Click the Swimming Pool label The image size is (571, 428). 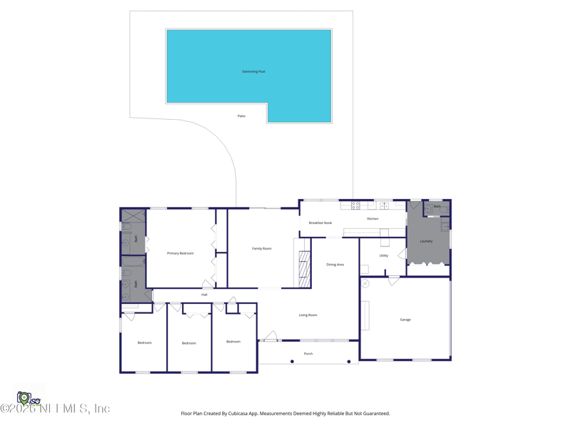(x=253, y=71)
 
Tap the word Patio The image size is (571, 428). (x=241, y=116)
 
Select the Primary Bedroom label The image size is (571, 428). (x=181, y=253)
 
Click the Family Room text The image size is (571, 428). (x=262, y=248)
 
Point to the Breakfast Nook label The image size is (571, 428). (x=320, y=223)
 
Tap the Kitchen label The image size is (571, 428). (x=373, y=218)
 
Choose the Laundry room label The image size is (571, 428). (x=426, y=241)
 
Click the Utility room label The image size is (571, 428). (x=384, y=255)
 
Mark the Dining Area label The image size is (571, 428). (x=335, y=265)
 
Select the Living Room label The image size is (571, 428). (x=308, y=315)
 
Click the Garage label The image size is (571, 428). (x=405, y=320)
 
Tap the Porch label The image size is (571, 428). (x=308, y=354)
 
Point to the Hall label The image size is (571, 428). (x=204, y=295)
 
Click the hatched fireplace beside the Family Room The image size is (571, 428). (x=305, y=269)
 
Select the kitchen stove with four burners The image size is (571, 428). (x=355, y=205)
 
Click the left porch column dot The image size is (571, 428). (x=292, y=362)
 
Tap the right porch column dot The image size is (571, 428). (x=349, y=362)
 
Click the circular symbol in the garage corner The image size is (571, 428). (x=365, y=283)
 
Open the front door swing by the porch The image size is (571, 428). (x=271, y=336)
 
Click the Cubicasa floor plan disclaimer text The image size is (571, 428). (x=285, y=413)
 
